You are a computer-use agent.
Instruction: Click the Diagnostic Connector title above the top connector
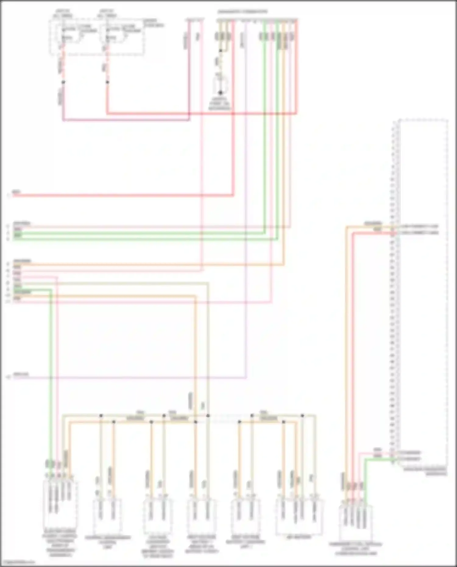tap(242, 12)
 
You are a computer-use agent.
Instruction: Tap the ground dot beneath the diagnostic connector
tap(220, 93)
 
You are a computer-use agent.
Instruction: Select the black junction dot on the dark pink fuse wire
tap(63, 82)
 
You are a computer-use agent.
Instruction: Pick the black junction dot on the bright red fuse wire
tap(107, 82)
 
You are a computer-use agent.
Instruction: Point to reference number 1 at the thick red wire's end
tap(9, 195)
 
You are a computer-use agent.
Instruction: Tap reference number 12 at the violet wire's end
tap(9, 377)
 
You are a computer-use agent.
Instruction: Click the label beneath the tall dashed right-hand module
tap(425, 472)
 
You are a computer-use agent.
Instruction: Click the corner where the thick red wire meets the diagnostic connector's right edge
tap(296, 114)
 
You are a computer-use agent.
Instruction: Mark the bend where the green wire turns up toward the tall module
tap(366, 459)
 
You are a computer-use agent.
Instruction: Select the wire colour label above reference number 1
tap(16, 192)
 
